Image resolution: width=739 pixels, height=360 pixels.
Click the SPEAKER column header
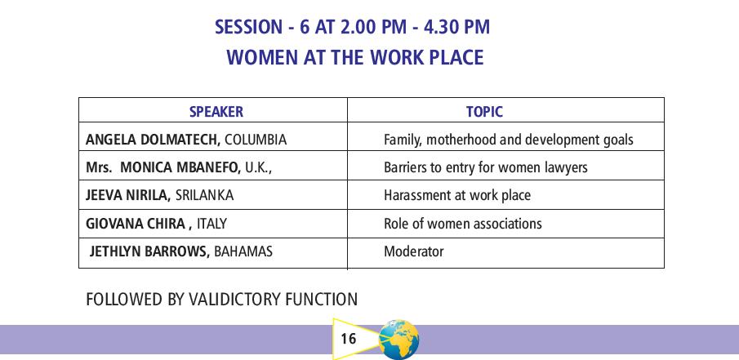pos(216,112)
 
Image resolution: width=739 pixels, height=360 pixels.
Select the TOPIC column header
pos(484,112)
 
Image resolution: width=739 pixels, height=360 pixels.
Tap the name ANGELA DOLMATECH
pos(153,140)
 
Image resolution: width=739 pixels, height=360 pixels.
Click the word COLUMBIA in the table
pos(256,140)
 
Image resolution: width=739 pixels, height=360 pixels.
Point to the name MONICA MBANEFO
pos(180,167)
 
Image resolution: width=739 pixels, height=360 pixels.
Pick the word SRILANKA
pos(204,195)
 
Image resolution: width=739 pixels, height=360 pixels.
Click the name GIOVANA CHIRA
pos(136,223)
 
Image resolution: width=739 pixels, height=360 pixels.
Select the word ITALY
pos(211,223)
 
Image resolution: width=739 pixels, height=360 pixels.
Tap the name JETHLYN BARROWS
pos(149,251)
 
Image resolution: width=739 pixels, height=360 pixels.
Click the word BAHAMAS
pos(243,251)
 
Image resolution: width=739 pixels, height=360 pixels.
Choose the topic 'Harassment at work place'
pos(457,195)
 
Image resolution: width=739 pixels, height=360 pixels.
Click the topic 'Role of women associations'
pos(463,223)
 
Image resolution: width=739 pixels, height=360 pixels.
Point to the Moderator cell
pos(413,251)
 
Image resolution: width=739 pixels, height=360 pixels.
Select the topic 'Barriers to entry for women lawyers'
pos(485,167)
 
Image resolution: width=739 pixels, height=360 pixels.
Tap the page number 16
pos(348,339)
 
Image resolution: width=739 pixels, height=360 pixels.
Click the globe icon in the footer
pos(398,340)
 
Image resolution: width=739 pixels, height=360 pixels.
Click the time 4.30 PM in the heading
pos(456,27)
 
